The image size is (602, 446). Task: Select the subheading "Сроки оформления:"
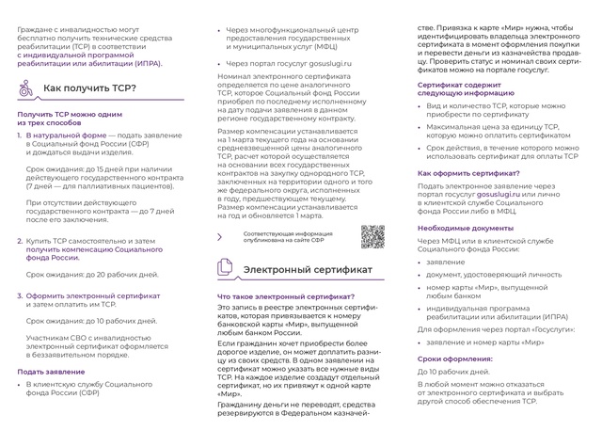click(455, 358)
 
